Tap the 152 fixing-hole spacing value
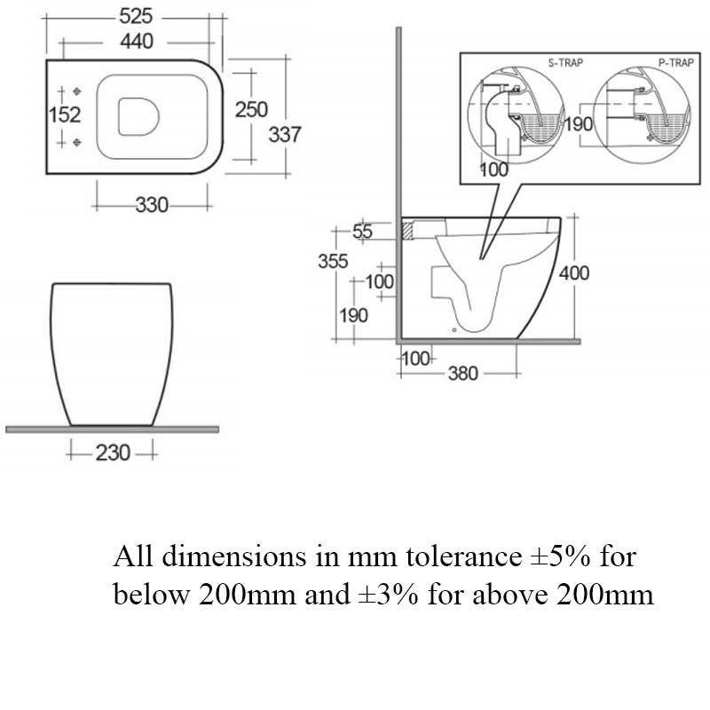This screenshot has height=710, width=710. [x=64, y=114]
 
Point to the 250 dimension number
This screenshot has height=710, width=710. [x=251, y=108]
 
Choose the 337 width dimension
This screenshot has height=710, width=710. [x=285, y=134]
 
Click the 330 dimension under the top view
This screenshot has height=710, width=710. [x=152, y=205]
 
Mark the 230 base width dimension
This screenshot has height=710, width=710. [x=112, y=453]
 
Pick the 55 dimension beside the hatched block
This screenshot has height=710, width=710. [x=363, y=232]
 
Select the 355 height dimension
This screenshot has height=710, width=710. [x=334, y=262]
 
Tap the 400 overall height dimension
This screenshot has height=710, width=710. [x=573, y=273]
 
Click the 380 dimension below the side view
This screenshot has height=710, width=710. [x=461, y=374]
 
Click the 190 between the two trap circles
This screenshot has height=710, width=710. [x=578, y=124]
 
